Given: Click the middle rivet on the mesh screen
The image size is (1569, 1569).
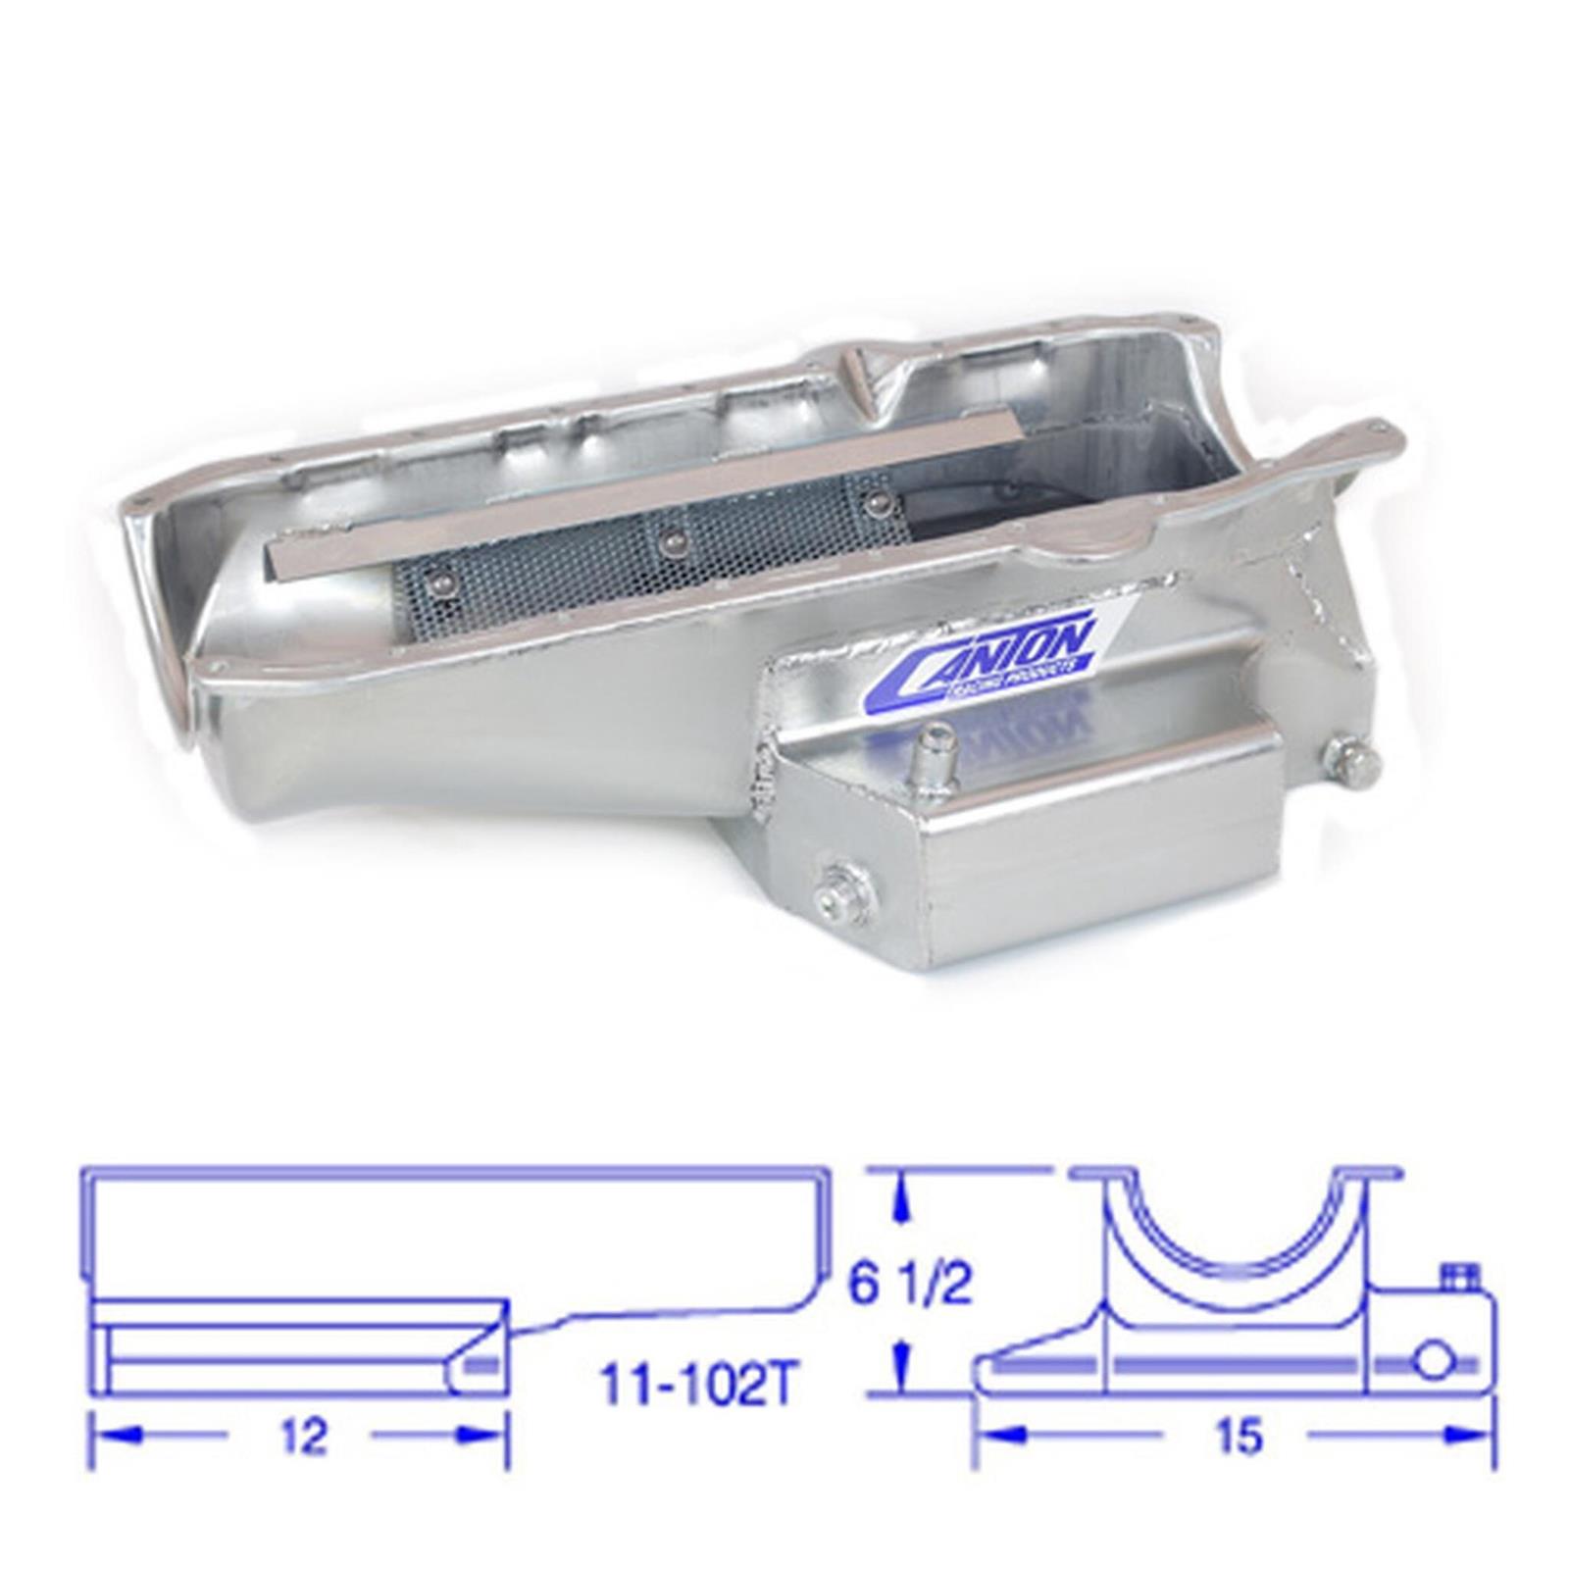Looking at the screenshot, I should (670, 539).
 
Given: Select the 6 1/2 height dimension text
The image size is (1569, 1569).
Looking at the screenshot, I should (910, 1286).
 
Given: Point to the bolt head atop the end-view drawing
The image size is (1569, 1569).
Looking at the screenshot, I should (1455, 1275).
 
